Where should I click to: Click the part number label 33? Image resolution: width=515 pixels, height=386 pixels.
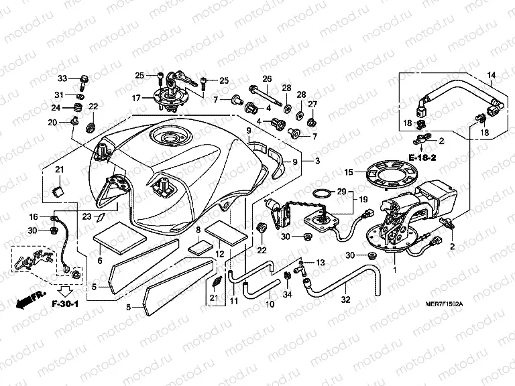[62, 79]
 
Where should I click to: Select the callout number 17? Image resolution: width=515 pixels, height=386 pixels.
[136, 99]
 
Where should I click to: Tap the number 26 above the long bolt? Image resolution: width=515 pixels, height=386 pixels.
[266, 78]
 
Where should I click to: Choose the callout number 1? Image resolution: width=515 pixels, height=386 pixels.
[394, 270]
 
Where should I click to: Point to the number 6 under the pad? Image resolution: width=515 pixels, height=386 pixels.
[99, 261]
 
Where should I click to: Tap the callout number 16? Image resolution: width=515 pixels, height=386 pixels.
[34, 217]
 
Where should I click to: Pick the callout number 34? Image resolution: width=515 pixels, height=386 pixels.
[288, 294]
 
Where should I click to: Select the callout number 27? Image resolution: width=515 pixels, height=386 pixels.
[312, 104]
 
